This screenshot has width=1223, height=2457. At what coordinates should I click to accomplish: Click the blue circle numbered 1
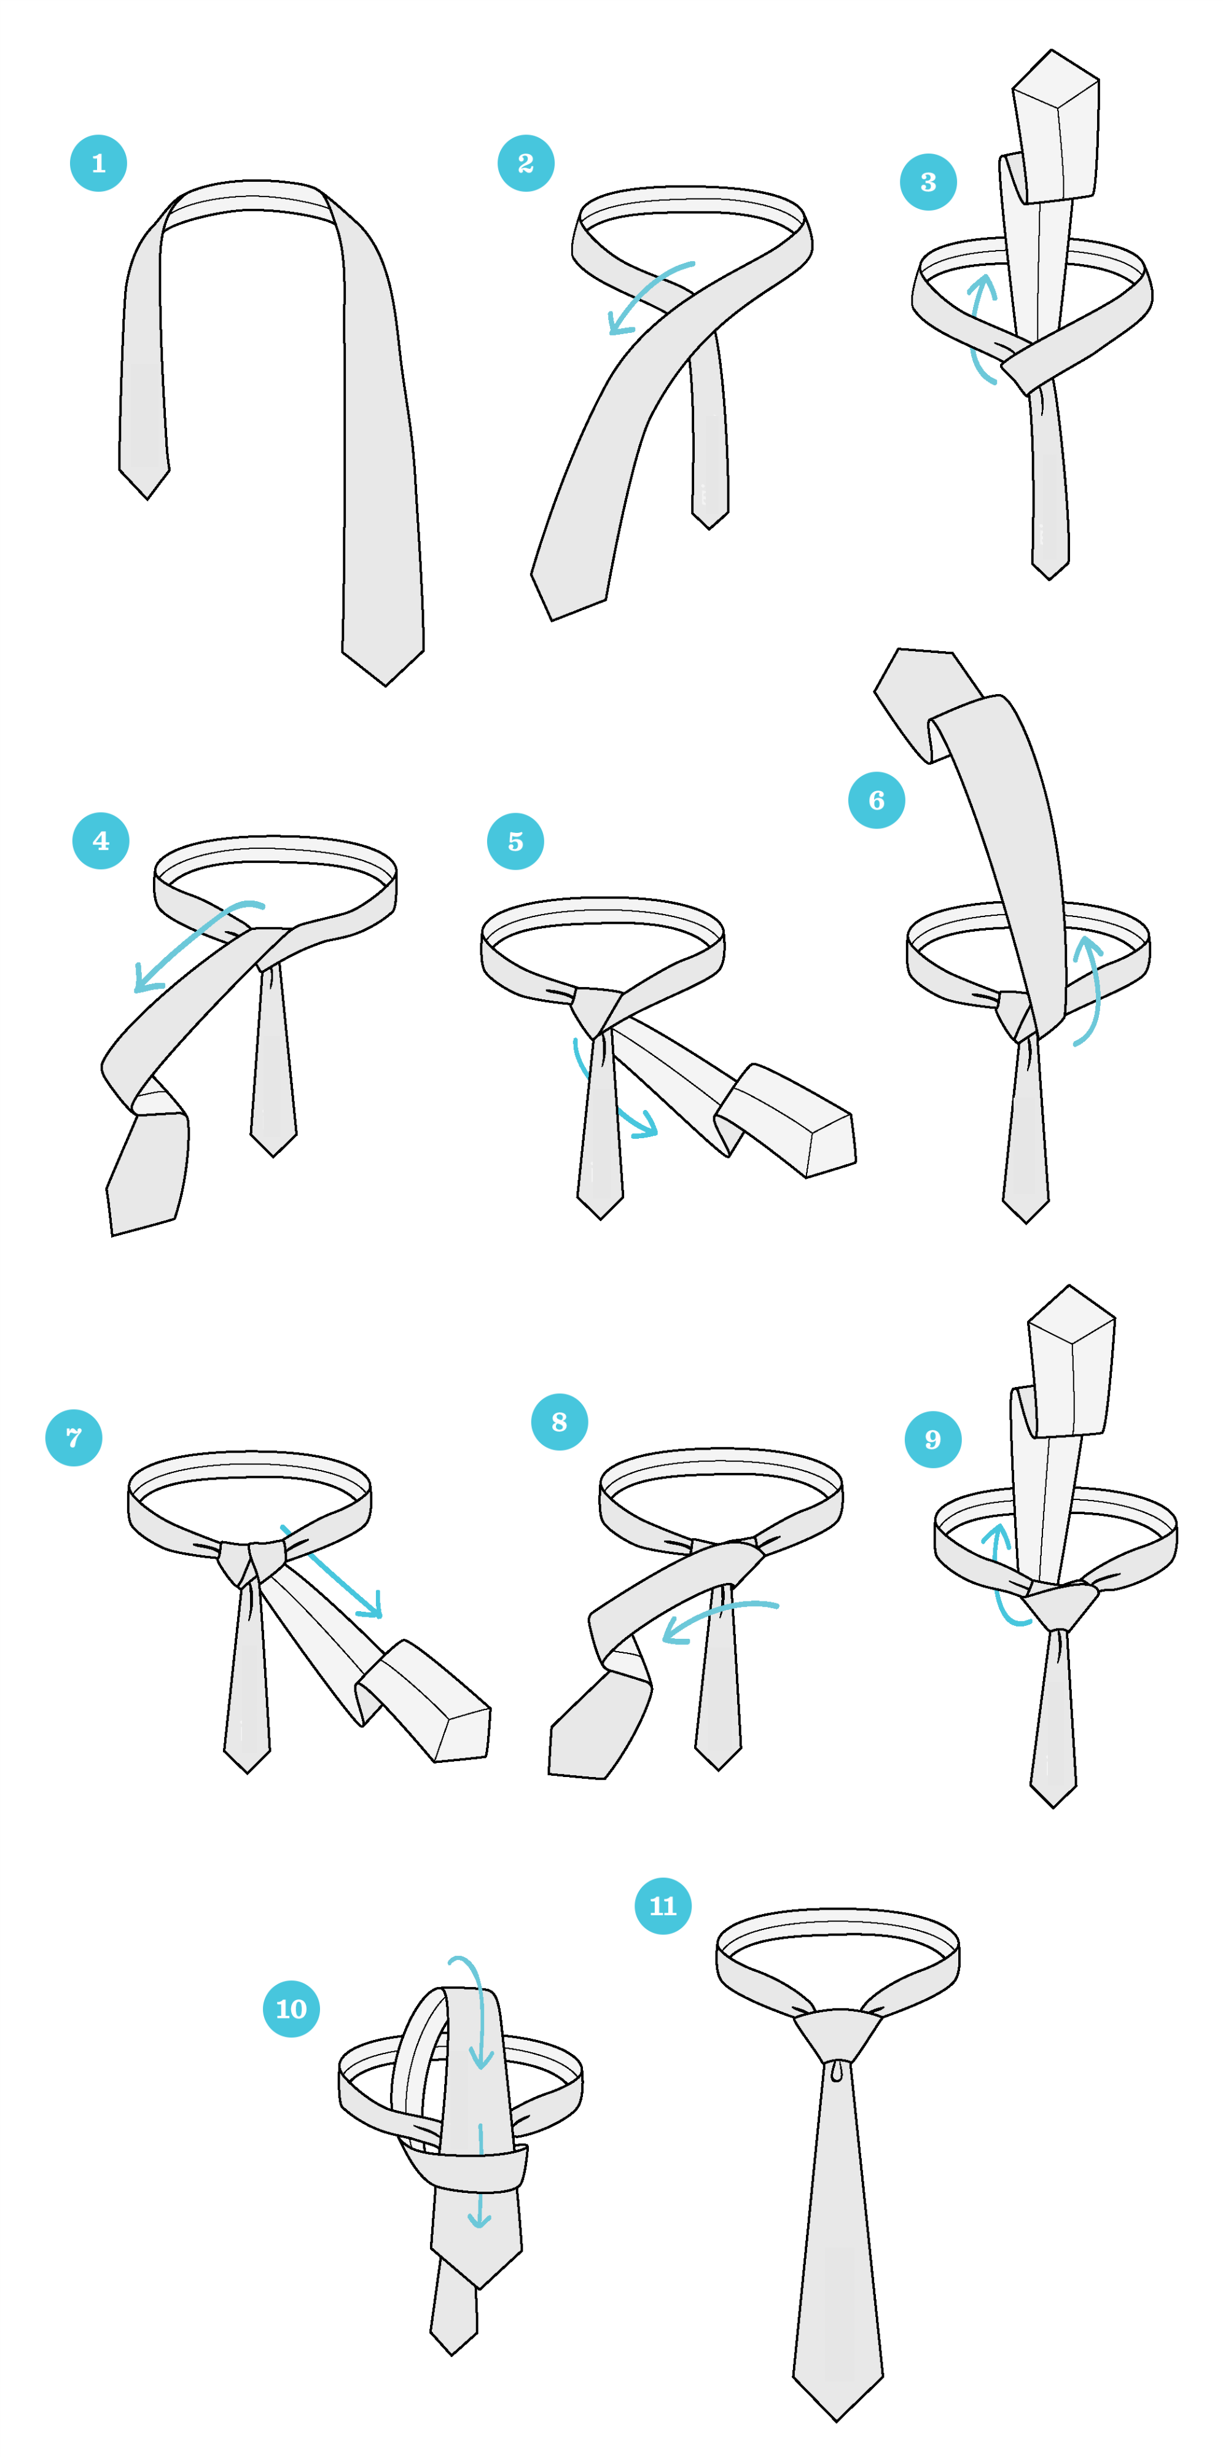98,163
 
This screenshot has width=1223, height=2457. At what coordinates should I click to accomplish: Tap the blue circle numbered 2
526,163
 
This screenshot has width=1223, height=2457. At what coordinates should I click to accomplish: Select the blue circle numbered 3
928,182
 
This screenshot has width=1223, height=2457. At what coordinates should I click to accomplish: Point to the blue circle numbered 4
100,840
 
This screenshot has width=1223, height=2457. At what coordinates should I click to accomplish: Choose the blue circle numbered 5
515,842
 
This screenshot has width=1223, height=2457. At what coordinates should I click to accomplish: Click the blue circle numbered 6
876,800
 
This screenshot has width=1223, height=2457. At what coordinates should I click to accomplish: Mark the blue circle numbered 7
74,1437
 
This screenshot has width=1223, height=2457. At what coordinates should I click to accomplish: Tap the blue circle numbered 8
559,1422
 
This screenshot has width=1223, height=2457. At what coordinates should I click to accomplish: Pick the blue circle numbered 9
932,1439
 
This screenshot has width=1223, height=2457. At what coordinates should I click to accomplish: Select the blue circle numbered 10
291,2009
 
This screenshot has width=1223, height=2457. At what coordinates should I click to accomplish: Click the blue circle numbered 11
663,1905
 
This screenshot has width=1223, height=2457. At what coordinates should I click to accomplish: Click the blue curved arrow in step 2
642,288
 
